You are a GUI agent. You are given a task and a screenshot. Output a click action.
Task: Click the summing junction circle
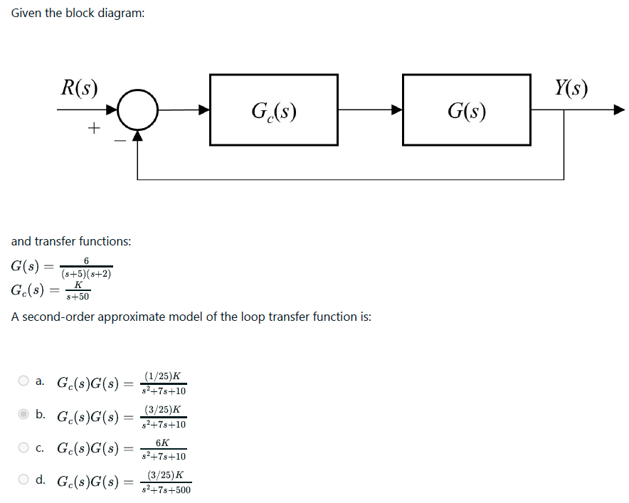(137, 110)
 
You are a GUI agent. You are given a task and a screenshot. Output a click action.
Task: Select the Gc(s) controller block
(274, 110)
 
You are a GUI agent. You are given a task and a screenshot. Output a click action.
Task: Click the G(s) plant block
(466, 110)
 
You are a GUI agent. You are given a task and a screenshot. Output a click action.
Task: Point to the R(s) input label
(79, 88)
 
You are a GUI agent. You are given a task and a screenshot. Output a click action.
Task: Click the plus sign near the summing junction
(93, 128)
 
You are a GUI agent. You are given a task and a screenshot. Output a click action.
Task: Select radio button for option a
(24, 381)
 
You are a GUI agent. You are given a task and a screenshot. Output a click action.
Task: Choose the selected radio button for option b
(24, 414)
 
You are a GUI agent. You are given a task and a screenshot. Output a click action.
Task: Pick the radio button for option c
(24, 448)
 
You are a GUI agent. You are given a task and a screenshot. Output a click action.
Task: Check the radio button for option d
(24, 480)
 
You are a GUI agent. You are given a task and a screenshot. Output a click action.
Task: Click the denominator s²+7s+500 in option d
(165, 489)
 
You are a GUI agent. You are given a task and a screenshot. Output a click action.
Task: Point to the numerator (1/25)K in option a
(162, 376)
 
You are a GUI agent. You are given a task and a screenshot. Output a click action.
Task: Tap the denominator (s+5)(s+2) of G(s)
(86, 274)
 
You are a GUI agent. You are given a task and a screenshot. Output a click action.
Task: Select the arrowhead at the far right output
(618, 110)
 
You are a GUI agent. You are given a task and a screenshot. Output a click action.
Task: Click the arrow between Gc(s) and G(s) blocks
(370, 110)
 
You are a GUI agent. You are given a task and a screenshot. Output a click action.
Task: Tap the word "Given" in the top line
(26, 14)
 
